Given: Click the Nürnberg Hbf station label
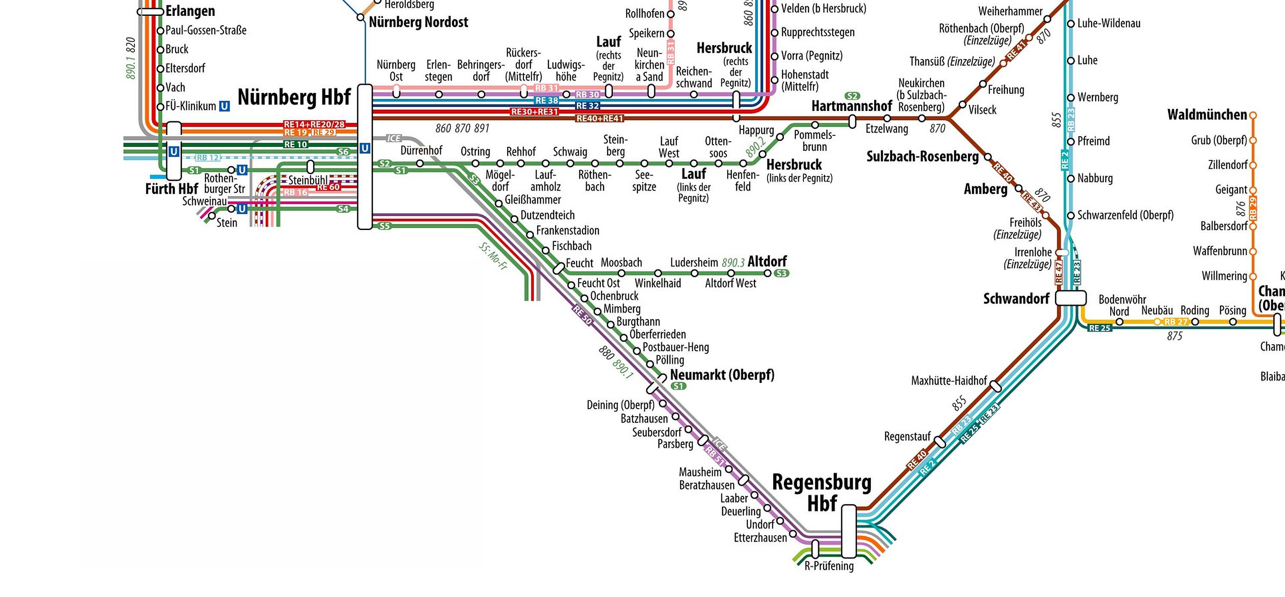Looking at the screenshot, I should tap(294, 97).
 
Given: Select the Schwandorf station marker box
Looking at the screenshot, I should tap(1071, 298).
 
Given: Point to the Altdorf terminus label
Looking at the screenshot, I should tap(767, 261).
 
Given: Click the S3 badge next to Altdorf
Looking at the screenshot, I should tap(782, 273).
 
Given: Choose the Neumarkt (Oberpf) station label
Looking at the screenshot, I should tap(722, 375).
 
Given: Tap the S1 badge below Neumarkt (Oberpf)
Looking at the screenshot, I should tap(678, 386).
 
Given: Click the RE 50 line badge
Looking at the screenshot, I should tap(582, 315).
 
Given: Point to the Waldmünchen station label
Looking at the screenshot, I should tap(1207, 115).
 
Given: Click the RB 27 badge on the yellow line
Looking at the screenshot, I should tap(1176, 322).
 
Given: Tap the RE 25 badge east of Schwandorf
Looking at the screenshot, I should tap(1100, 328).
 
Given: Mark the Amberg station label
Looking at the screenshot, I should tap(985, 189).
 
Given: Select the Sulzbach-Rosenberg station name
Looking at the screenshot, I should tap(922, 157).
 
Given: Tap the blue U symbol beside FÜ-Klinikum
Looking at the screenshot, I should tap(224, 106).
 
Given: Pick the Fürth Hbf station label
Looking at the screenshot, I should tap(171, 189).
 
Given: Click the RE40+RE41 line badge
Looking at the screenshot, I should tap(600, 119).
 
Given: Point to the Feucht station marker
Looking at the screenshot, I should tap(558, 269).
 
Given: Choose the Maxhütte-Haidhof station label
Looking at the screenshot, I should tap(949, 381).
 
